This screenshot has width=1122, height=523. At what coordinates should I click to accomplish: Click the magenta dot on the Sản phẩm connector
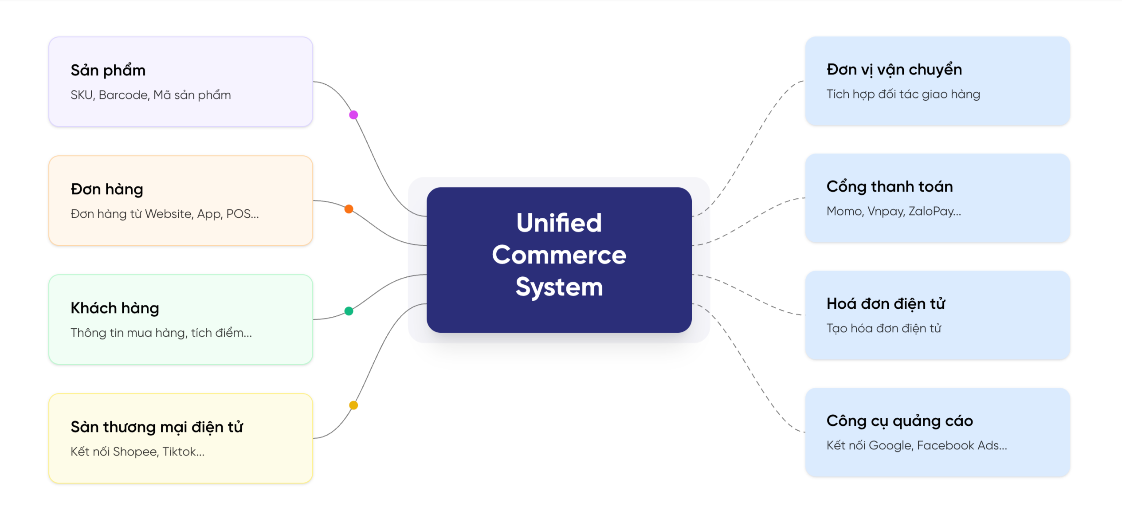click(353, 115)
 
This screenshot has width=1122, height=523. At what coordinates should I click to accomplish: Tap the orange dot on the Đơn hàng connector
click(349, 209)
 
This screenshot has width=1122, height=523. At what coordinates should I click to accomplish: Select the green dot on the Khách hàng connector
click(349, 311)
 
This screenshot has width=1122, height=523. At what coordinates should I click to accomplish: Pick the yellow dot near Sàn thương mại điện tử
click(353, 405)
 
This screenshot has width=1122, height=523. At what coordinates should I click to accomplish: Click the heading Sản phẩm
click(108, 70)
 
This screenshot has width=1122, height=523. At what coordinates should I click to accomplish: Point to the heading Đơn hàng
click(107, 189)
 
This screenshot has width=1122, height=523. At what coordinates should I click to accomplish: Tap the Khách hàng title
click(114, 308)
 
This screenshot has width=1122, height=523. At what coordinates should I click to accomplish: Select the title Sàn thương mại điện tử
click(157, 427)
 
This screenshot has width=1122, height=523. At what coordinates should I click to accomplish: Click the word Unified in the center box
click(559, 222)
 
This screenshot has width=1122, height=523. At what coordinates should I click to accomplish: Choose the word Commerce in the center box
click(559, 255)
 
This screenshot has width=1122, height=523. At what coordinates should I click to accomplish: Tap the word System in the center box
click(559, 287)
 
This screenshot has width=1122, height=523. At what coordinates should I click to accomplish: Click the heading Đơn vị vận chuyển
click(894, 70)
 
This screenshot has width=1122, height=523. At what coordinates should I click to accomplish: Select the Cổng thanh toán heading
click(890, 187)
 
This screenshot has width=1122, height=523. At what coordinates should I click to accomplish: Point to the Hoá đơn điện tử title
click(886, 304)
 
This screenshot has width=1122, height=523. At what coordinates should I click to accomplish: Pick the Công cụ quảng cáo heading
click(899, 421)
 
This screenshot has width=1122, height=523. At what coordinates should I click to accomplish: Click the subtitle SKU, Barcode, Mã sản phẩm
click(150, 95)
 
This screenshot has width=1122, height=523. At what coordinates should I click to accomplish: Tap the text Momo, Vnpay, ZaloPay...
click(893, 211)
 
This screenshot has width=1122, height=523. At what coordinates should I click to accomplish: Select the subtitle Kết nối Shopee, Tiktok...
click(137, 452)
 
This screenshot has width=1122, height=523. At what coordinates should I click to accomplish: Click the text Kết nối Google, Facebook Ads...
click(916, 445)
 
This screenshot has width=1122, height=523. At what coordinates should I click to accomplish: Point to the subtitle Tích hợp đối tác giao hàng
click(903, 94)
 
